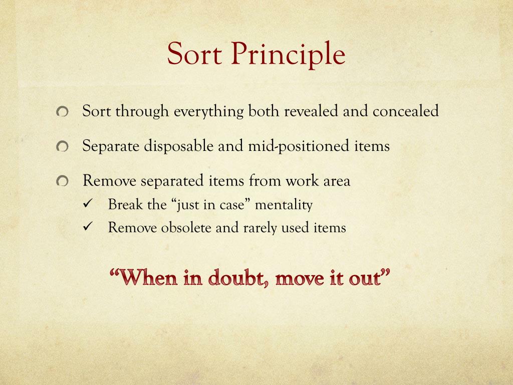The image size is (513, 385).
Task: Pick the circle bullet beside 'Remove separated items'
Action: [62, 181]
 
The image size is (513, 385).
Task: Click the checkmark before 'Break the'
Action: [86, 205]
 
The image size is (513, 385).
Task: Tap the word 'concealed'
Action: [405, 111]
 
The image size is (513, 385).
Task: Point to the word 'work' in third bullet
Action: [300, 180]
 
